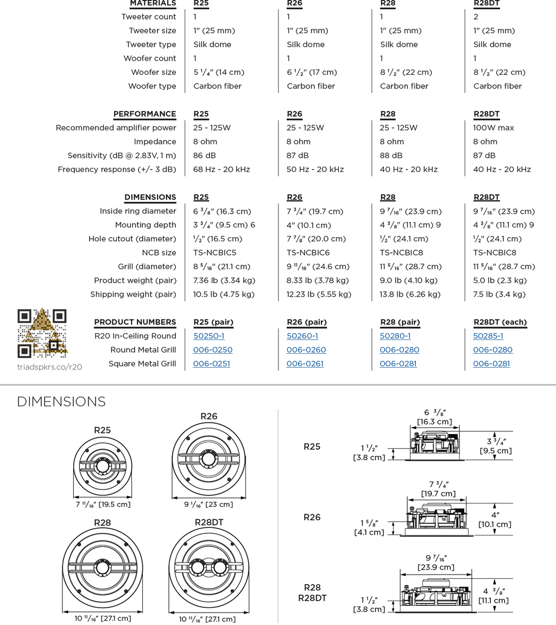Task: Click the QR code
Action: click(42, 333)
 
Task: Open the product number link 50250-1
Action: click(208, 336)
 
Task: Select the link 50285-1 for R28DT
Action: click(488, 336)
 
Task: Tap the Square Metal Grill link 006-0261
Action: click(305, 363)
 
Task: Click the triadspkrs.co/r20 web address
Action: click(49, 367)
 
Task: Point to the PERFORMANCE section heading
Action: click(144, 114)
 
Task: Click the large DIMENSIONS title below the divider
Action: click(61, 401)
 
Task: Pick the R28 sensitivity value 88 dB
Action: click(391, 155)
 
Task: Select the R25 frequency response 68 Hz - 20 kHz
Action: click(222, 169)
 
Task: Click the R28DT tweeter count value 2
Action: click(476, 17)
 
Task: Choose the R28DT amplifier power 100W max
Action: click(493, 127)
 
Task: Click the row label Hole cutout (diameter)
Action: click(132, 239)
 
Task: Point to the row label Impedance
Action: click(155, 142)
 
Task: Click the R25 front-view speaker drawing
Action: click(103, 467)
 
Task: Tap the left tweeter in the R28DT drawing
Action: click(198, 569)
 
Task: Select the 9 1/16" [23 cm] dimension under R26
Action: click(208, 504)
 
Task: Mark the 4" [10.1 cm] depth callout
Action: click(495, 519)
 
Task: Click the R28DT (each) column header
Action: click(500, 322)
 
